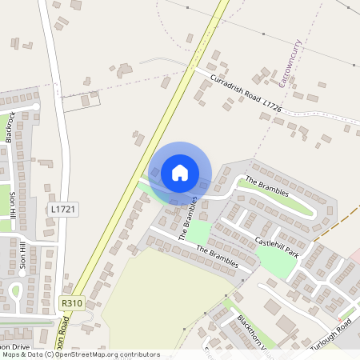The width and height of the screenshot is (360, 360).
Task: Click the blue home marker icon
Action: click(180, 173)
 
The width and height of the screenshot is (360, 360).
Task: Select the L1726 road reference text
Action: click(273, 106)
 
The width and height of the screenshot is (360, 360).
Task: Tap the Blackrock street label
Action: click(10, 126)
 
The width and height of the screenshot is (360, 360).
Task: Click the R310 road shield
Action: click(71, 303)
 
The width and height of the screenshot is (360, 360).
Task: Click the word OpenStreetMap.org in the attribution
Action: click(83, 354)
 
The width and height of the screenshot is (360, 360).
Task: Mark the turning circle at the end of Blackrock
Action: click(36, 106)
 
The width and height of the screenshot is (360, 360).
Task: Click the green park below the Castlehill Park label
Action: click(277, 262)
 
